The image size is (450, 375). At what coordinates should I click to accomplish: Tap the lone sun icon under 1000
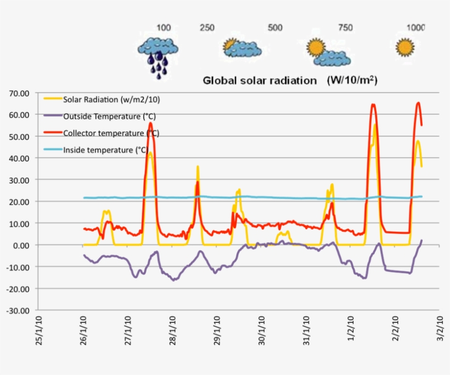tap(405, 47)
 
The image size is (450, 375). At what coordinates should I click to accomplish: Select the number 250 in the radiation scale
tap(207, 27)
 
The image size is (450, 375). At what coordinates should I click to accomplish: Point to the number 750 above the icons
tap(345, 27)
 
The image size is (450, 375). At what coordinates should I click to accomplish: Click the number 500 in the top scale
tap(275, 27)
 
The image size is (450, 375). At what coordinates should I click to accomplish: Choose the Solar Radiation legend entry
tap(102, 99)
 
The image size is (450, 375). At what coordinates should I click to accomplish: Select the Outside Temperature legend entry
tap(99, 116)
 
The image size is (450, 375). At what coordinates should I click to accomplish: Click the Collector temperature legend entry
tap(101, 133)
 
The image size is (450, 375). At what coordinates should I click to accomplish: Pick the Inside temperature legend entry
tap(96, 150)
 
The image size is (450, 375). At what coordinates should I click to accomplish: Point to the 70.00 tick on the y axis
tap(19, 93)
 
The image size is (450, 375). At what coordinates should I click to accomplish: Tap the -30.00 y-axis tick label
tap(18, 311)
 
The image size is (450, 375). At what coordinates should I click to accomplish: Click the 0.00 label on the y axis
tap(21, 245)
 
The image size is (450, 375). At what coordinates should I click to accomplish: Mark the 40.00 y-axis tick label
tap(19, 158)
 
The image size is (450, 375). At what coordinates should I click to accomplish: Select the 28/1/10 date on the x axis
tap(172, 331)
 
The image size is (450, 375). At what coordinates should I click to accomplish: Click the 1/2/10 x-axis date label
tap(351, 328)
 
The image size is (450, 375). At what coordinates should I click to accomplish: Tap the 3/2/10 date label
tap(440, 328)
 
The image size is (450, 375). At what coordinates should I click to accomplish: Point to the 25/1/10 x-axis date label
tap(39, 331)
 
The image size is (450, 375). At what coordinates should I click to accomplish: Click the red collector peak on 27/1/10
tap(151, 123)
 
